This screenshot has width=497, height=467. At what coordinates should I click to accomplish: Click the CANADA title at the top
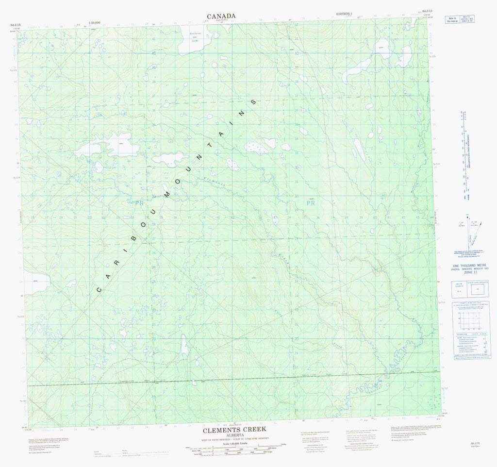[x=221, y=16]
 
